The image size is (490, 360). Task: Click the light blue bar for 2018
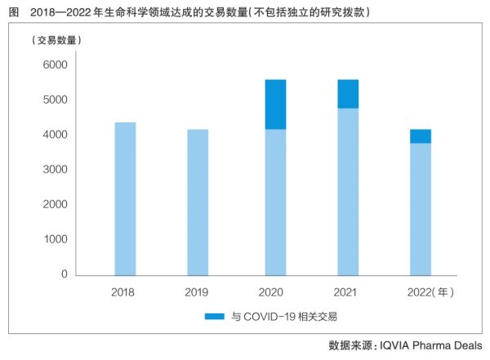tap(125, 198)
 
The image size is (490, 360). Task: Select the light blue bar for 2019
tap(197, 202)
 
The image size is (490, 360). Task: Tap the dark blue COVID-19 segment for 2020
tap(275, 104)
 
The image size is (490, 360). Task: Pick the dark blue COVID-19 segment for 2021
tap(347, 94)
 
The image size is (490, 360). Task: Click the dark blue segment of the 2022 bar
tap(420, 136)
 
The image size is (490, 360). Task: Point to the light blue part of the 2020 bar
tap(275, 202)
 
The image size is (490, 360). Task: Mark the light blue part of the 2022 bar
tap(420, 209)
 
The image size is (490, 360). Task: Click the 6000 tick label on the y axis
tap(55, 65)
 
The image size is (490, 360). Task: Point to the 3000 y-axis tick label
tap(55, 170)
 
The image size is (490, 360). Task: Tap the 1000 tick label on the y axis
tap(55, 239)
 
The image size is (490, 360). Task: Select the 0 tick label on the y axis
tap(64, 274)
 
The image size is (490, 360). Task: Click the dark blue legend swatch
tap(214, 316)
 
